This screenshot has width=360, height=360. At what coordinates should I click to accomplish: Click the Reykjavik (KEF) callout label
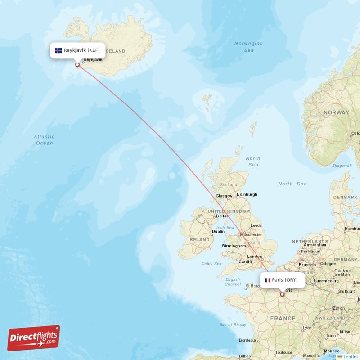78,50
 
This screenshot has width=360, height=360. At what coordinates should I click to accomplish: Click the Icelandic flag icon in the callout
58,50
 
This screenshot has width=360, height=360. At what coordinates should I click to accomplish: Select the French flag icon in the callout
268,280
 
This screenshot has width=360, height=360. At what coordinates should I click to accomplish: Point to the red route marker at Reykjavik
77,65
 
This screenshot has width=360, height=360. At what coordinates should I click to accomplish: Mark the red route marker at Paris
282,295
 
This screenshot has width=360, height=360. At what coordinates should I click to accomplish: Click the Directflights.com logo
34,338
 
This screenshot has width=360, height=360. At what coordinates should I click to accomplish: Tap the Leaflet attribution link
350,356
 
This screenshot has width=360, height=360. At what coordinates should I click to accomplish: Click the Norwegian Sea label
249,47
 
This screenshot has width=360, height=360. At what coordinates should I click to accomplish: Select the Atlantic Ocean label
45,139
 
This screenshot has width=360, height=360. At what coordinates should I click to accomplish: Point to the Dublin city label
219,232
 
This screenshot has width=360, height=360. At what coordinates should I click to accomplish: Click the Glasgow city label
224,196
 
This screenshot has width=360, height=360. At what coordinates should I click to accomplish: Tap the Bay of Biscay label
233,324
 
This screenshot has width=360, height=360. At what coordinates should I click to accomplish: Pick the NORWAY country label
336,112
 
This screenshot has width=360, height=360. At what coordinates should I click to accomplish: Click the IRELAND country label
198,240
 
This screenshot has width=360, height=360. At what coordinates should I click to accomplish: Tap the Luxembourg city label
326,280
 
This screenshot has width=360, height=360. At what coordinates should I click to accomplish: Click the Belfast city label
223,216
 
